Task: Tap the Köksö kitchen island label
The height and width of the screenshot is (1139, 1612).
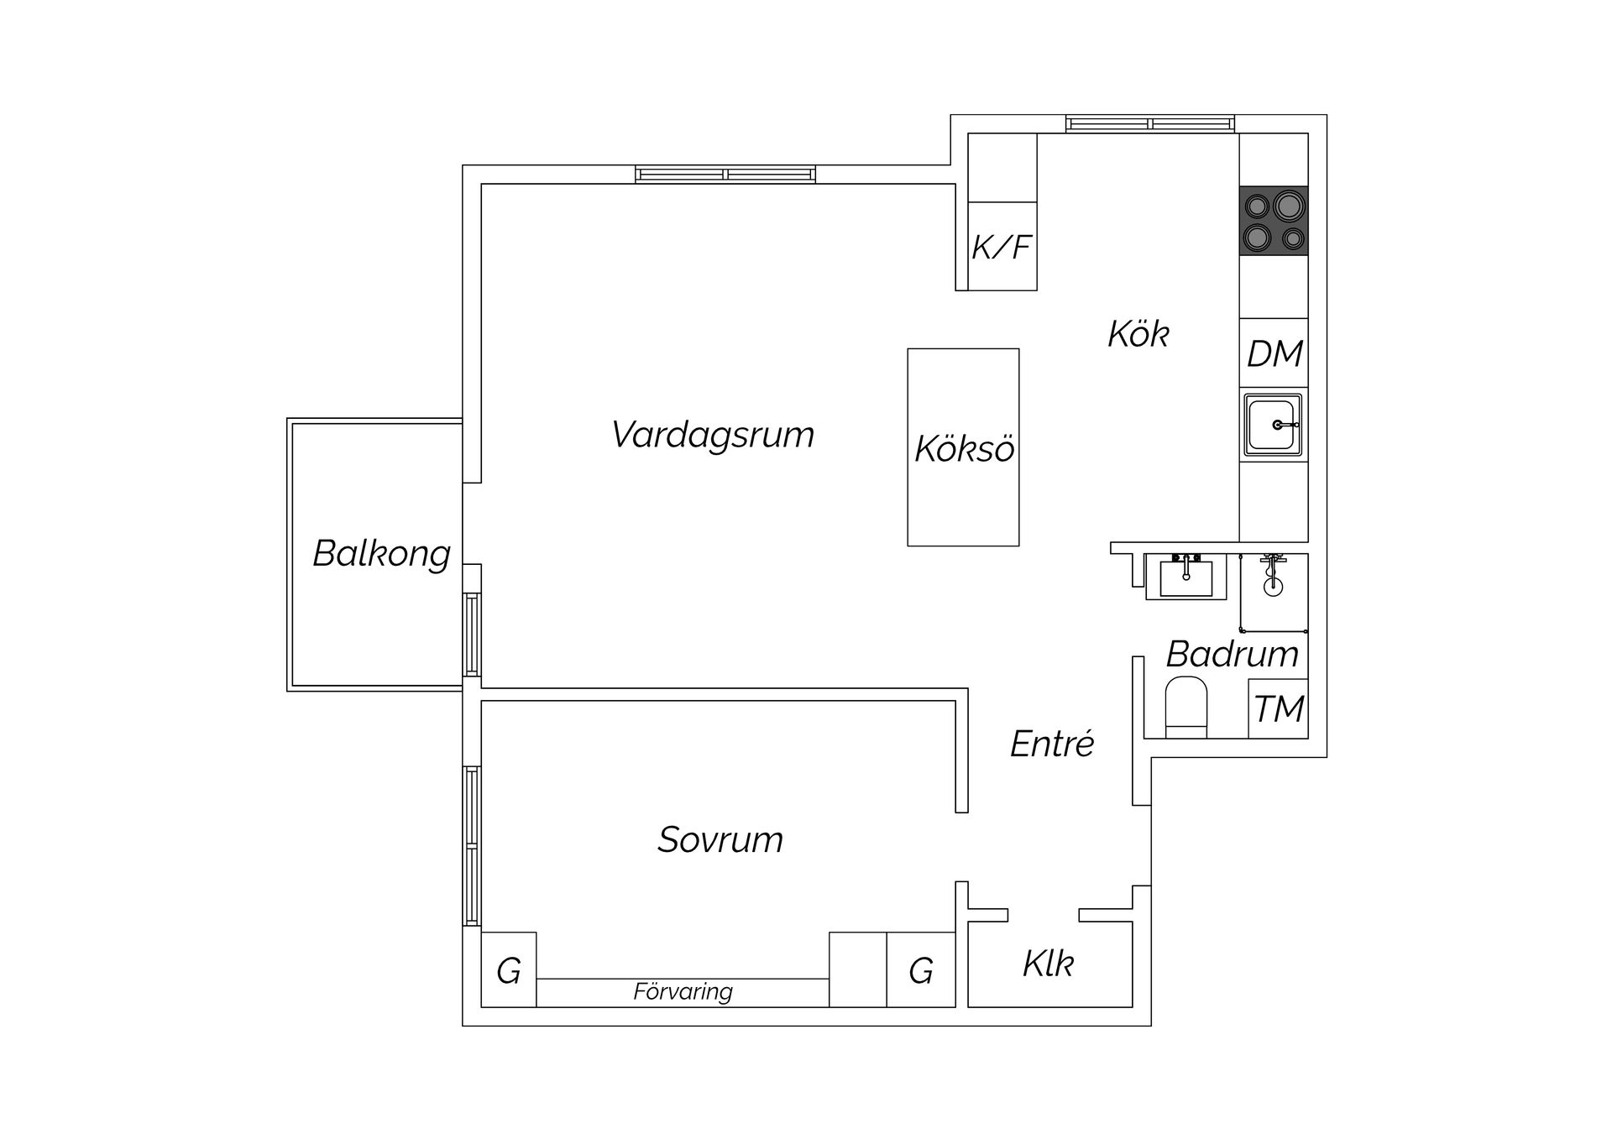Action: [x=964, y=449]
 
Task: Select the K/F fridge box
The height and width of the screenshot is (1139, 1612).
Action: [x=1002, y=247]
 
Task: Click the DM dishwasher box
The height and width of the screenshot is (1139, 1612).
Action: [x=1274, y=353]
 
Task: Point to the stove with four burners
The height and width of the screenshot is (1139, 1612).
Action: [x=1274, y=221]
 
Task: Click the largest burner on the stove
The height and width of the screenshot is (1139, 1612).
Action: [x=1288, y=205]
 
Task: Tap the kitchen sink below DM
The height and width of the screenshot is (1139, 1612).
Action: [x=1272, y=426]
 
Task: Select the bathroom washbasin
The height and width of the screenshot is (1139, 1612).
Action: [x=1185, y=577]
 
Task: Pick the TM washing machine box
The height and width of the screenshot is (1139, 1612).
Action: [x=1278, y=709]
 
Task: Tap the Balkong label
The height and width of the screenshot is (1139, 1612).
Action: [x=381, y=554]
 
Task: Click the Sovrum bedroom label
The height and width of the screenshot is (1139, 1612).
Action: [x=720, y=840]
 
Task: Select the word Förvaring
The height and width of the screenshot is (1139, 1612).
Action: [x=683, y=992]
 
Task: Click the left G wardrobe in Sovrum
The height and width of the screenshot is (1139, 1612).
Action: [x=509, y=971]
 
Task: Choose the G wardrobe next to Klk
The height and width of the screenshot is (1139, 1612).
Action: [x=921, y=971]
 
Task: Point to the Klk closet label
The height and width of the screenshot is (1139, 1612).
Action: [x=1048, y=964]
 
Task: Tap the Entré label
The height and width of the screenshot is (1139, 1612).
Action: [x=1052, y=745]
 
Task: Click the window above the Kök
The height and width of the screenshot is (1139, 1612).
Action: [x=1150, y=124]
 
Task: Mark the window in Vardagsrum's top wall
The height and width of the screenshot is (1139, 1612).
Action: [x=725, y=175]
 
